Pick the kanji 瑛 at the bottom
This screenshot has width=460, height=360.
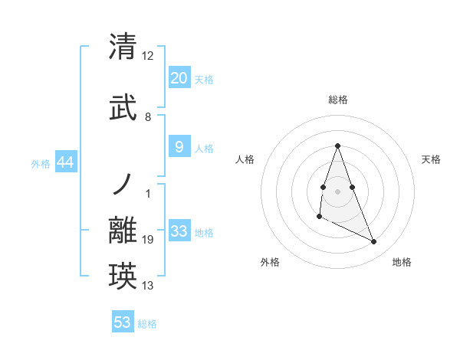pyautogui.click(x=123, y=275)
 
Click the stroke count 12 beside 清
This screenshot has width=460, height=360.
pyautogui.click(x=148, y=56)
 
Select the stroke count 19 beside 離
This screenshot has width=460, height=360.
pyautogui.click(x=148, y=240)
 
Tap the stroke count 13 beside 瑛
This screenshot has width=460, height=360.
pyautogui.click(x=148, y=286)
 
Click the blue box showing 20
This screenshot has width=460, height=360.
pyautogui.click(x=179, y=78)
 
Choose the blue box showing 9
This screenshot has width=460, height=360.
pyautogui.click(x=179, y=147)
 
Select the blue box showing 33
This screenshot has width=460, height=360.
pyautogui.click(x=179, y=231)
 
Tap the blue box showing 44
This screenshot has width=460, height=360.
pyautogui.click(x=65, y=162)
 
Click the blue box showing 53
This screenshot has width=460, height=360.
pyautogui.click(x=123, y=322)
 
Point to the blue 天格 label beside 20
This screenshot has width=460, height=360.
pyautogui.click(x=204, y=80)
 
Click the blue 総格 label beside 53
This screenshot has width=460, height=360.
pyautogui.click(x=147, y=324)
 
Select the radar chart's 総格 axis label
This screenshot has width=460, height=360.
pyautogui.click(x=337, y=100)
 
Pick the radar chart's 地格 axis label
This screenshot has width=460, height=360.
pyautogui.click(x=402, y=262)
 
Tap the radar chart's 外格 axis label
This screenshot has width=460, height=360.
pyautogui.click(x=270, y=262)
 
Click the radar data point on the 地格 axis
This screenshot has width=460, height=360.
pyautogui.click(x=374, y=242)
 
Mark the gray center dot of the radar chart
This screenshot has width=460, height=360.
pyautogui.click(x=337, y=191)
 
